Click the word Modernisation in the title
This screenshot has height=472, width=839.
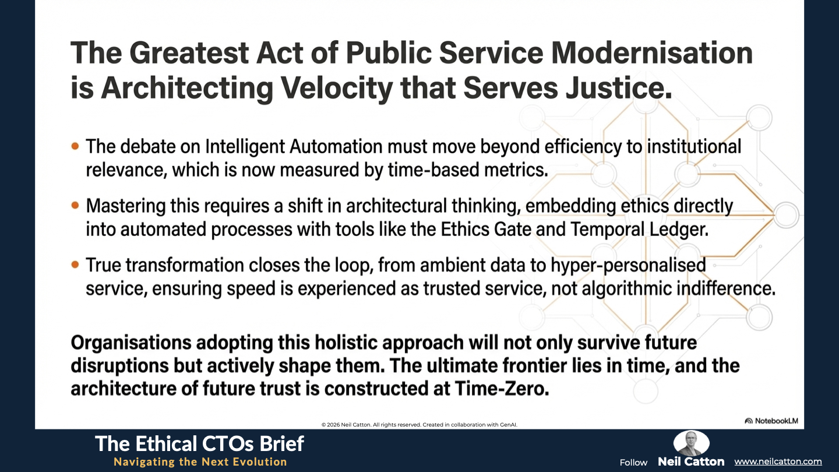pyautogui.click(x=652, y=53)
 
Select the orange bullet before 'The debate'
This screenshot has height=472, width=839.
pyautogui.click(x=75, y=146)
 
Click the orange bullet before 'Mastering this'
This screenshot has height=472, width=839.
pyautogui.click(x=75, y=205)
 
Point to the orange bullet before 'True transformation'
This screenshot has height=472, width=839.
pyautogui.click(x=75, y=265)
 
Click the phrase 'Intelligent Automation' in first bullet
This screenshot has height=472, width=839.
pyautogui.click(x=294, y=146)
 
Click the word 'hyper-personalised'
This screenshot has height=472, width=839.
pyautogui.click(x=628, y=265)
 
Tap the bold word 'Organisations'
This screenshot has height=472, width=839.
pyautogui.click(x=131, y=343)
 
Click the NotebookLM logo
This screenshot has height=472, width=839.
pyautogui.click(x=771, y=421)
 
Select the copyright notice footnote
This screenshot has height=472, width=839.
pyautogui.click(x=419, y=425)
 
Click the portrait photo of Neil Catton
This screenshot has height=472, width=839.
pyautogui.click(x=692, y=443)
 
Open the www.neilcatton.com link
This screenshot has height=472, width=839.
pyautogui.click(x=778, y=462)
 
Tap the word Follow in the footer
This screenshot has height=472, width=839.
pyautogui.click(x=633, y=463)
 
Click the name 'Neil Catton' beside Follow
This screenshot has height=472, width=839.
pyautogui.click(x=691, y=462)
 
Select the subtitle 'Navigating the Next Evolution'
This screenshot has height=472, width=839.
pyautogui.click(x=200, y=462)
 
